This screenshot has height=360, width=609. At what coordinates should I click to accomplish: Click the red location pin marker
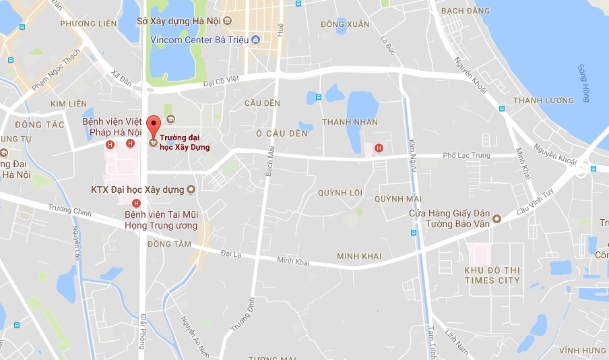[154, 125]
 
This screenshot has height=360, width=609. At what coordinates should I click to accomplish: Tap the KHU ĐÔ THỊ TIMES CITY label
[492, 275]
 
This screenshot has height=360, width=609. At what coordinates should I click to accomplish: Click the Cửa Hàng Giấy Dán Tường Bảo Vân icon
[497, 218]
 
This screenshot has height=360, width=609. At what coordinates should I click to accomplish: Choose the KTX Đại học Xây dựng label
[138, 189]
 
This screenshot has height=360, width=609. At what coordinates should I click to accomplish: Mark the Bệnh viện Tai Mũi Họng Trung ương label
[161, 220]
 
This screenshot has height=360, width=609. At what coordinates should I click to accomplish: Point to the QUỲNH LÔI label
[340, 193]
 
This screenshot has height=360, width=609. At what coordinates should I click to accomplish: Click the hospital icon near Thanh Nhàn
[379, 148]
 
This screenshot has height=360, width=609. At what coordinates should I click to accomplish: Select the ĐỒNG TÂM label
[169, 243]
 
